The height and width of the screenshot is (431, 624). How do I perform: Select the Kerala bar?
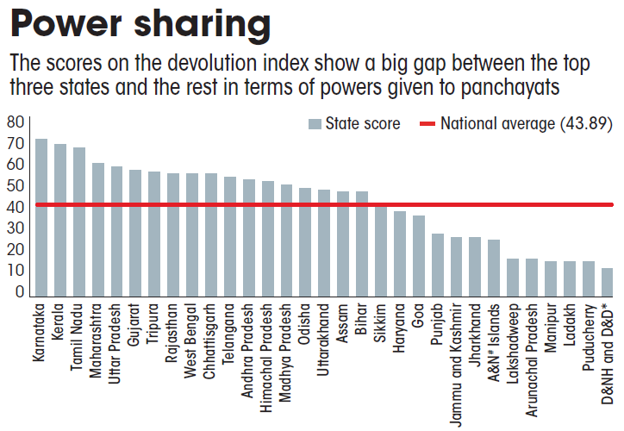pos(60,221)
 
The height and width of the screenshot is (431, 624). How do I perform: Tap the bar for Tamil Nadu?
pos(79,222)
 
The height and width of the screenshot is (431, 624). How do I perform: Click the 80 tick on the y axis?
pos(15,122)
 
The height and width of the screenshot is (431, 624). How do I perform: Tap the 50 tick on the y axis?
pos(15,185)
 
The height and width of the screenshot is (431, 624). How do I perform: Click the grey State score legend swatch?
pos(315,124)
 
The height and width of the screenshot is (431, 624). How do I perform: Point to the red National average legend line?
pos(428,124)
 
